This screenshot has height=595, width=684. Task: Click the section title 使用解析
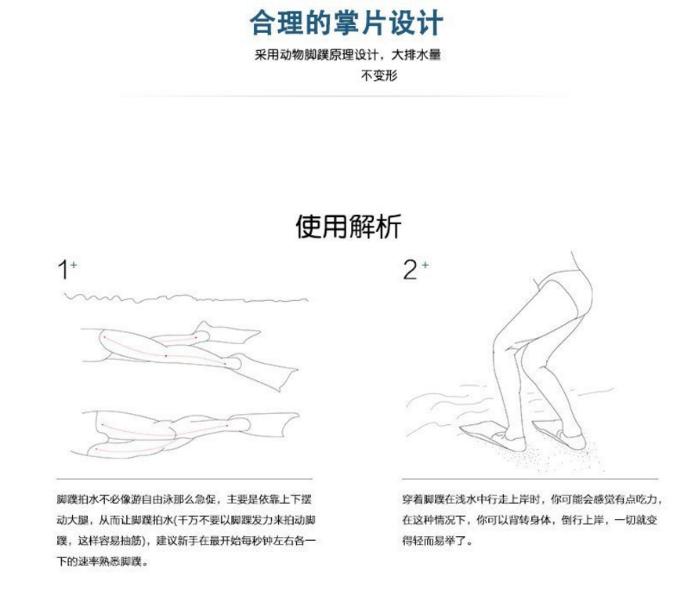tap(348, 227)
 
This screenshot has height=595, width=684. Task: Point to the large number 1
tap(62, 270)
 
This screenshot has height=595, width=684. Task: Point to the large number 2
tap(410, 270)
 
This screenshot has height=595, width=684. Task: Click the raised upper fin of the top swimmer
tap(235, 336)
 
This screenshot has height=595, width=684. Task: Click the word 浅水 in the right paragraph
tap(467, 499)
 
